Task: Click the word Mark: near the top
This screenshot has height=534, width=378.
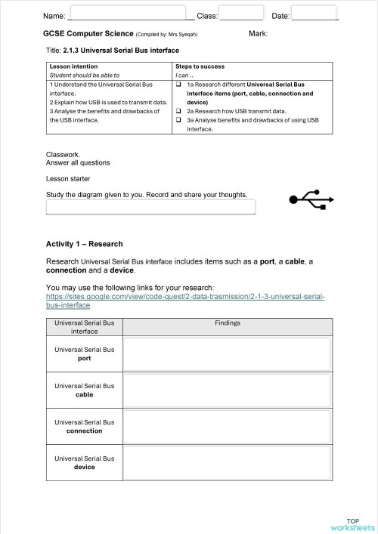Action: [x=259, y=34]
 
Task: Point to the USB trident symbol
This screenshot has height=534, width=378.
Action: [x=310, y=199]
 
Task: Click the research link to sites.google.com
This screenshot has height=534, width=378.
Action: [x=185, y=301]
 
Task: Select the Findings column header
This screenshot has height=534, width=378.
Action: [x=228, y=323]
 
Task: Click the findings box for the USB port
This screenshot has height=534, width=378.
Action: [x=227, y=354]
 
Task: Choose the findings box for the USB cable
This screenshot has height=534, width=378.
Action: [x=227, y=390]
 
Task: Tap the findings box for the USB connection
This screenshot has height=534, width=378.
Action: [x=227, y=427]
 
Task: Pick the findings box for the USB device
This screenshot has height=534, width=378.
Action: [x=227, y=462]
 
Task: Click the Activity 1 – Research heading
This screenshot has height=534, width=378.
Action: [x=84, y=244]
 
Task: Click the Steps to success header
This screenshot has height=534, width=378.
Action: [x=200, y=66]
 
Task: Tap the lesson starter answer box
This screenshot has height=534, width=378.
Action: [x=150, y=207]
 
